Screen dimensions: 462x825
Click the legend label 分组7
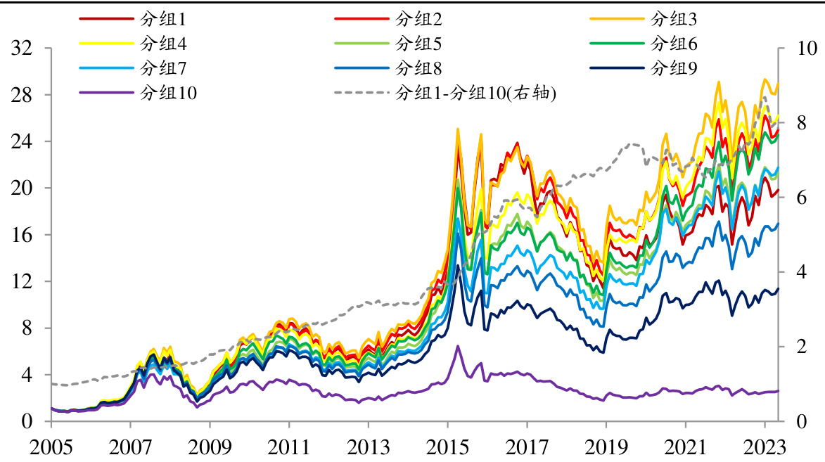click(x=162, y=68)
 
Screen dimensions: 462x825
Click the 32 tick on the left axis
click(x=23, y=49)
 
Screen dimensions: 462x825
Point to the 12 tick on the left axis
click(x=23, y=281)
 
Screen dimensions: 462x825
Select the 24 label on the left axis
click(x=23, y=141)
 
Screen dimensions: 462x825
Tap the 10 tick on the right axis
click(x=801, y=49)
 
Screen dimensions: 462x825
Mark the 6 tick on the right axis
click(x=796, y=198)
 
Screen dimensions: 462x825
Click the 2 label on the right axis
click(x=796, y=347)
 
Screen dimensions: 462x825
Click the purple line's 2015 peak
click(x=458, y=346)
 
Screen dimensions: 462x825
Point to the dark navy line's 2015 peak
click(x=458, y=266)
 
